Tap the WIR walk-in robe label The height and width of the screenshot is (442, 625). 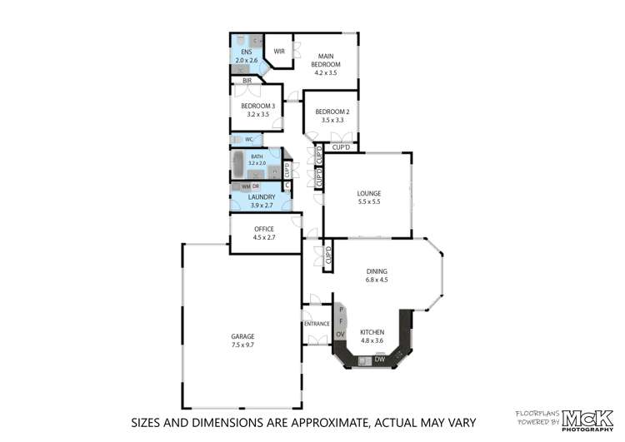point(279,51)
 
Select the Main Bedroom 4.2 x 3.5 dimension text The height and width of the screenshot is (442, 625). point(326,73)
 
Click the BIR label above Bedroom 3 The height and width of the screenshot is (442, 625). point(247,81)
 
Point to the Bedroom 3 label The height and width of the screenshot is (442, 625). point(257,106)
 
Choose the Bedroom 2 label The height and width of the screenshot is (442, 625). point(332,112)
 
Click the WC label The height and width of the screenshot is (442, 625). point(248,139)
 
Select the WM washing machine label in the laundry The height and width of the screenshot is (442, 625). point(246,186)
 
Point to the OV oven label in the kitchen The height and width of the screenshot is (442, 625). point(340,335)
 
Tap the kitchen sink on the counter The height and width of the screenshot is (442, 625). point(364,360)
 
